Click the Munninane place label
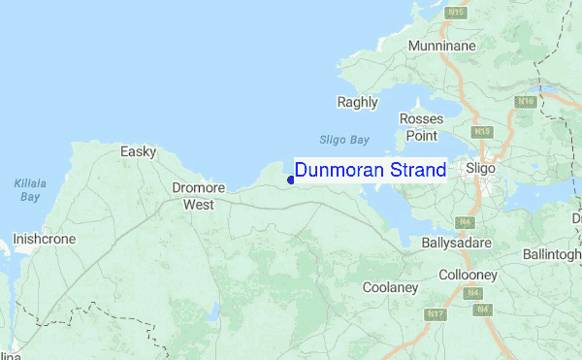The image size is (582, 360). pyautogui.click(x=442, y=46)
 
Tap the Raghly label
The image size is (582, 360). pyautogui.click(x=356, y=101)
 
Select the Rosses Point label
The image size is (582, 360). pyautogui.click(x=421, y=126)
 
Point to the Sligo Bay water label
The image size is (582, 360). pyautogui.click(x=344, y=139)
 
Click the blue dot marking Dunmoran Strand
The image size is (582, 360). pyautogui.click(x=291, y=179)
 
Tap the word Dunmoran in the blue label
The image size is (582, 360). pyautogui.click(x=338, y=171)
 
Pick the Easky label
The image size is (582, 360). pyautogui.click(x=138, y=151)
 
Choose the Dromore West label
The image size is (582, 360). pyautogui.click(x=198, y=196)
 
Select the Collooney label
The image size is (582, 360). pyautogui.click(x=469, y=276)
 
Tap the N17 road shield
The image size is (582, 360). pyautogui.click(x=436, y=313)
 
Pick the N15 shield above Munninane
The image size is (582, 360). pyautogui.click(x=459, y=12)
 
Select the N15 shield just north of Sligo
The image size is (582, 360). pyautogui.click(x=482, y=131)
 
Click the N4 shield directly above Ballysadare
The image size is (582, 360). pyautogui.click(x=467, y=222)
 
